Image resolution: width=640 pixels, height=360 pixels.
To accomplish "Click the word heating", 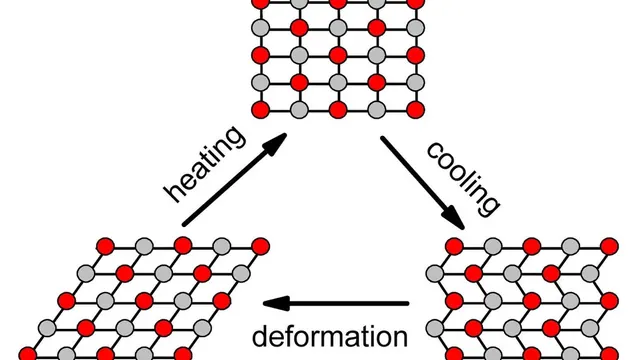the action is (205, 164).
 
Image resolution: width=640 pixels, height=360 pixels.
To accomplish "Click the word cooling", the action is (463, 178).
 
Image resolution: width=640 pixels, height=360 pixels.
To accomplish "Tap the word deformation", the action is (330, 337).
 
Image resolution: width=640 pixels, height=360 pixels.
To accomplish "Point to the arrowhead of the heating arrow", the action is (274, 144).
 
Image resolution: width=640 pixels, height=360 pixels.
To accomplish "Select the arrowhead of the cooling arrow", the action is (453, 217).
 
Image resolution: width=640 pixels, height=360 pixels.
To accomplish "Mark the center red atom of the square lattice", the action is (338, 56).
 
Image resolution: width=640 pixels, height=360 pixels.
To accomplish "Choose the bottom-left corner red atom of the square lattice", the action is (260, 110).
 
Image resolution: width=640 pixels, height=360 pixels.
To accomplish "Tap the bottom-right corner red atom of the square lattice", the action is (416, 110).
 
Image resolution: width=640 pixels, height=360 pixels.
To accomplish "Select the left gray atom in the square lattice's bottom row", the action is (299, 110).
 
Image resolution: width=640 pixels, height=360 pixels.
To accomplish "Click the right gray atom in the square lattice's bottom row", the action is (377, 110).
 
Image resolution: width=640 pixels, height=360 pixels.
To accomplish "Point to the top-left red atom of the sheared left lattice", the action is (105, 246).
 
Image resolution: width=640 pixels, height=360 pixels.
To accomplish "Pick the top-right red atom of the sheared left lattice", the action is (260, 246).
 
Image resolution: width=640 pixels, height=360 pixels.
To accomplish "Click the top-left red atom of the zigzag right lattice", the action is (454, 246).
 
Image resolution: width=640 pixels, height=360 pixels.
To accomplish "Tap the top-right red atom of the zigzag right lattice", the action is (609, 246).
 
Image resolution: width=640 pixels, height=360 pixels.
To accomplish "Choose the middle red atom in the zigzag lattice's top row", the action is (532, 246).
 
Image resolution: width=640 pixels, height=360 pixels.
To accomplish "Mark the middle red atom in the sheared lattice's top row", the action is (183, 246).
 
